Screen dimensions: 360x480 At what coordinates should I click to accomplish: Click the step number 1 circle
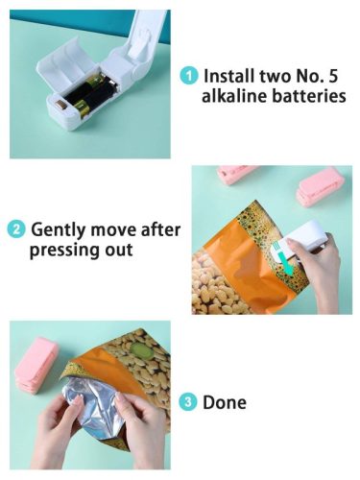coord(189,76)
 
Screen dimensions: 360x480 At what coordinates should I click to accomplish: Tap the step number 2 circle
coord(16,229)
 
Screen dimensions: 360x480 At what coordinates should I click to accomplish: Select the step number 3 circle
coord(188,401)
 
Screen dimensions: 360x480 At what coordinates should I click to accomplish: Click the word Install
coord(229,76)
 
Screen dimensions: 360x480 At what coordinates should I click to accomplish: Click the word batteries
coord(309,96)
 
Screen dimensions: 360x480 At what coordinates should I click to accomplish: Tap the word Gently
coord(59,230)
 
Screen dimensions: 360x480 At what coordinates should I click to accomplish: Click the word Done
coord(225,402)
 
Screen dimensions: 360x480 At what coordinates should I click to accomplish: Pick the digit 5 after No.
coord(333,76)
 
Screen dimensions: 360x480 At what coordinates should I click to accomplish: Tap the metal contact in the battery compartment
coord(60,105)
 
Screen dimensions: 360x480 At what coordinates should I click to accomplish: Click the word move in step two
coord(113,229)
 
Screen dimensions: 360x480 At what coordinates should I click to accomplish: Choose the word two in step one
coord(275,76)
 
